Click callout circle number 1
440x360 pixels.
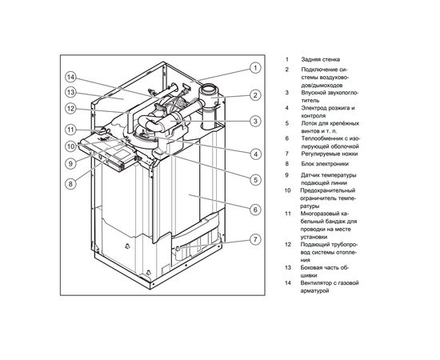(x=254, y=68)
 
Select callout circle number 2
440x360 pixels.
(x=254, y=95)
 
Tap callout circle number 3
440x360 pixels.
(x=254, y=122)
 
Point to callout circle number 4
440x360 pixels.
(x=254, y=153)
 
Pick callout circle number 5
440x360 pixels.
(x=254, y=179)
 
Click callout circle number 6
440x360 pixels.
(x=254, y=210)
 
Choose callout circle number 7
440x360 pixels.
(x=254, y=239)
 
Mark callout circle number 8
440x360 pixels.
(x=70, y=183)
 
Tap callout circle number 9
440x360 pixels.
(x=70, y=163)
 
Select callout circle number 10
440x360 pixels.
(x=70, y=146)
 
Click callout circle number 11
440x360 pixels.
(x=70, y=129)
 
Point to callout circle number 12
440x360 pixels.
(x=70, y=109)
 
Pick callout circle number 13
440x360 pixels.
(x=70, y=93)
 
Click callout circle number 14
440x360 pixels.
(x=70, y=78)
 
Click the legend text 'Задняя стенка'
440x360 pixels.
(x=319, y=60)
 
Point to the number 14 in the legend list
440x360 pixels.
(x=286, y=282)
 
